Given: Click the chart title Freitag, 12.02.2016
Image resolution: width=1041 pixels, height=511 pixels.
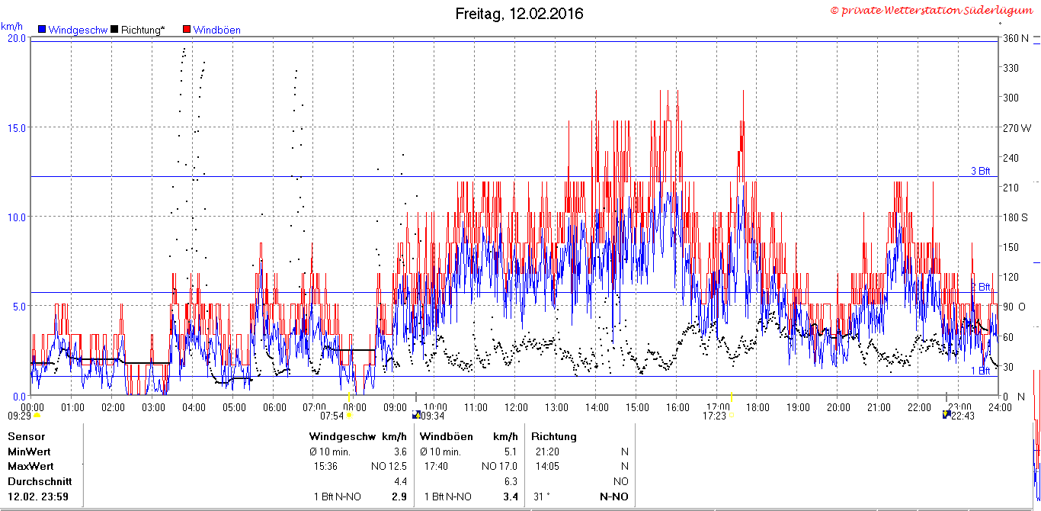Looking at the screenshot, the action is pos(519,14).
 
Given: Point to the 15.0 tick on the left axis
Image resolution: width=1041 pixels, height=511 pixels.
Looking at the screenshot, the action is pos(17,128).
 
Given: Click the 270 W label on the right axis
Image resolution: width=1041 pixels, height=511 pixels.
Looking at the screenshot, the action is pos(1017,128).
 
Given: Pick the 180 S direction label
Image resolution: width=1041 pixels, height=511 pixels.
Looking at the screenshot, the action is pos(1015,217).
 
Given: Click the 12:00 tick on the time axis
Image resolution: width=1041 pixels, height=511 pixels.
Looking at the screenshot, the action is pos(516,408).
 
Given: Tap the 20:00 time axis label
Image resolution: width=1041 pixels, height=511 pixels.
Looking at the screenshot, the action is pos(838,408).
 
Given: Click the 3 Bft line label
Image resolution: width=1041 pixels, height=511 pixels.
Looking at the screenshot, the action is pos(980,171).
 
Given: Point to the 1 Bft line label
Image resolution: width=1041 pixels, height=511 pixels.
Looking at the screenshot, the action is pos(980,371).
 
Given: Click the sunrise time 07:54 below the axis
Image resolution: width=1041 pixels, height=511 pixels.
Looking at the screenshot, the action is pos(332,416).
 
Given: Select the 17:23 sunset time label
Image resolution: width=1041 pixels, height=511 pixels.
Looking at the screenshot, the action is pos(714,416).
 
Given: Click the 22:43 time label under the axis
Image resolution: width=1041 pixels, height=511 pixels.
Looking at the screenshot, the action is pos(963,416).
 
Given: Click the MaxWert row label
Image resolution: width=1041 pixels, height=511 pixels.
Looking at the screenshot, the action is pos(30,466).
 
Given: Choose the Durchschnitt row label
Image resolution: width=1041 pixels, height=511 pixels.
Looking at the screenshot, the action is pos(40,481).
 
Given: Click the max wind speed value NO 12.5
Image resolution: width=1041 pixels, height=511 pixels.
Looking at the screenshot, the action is pos(389,466).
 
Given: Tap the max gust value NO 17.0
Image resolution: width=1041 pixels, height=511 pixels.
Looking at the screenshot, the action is pos(499,466).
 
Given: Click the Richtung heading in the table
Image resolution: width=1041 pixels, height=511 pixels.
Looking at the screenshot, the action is pos(553,436).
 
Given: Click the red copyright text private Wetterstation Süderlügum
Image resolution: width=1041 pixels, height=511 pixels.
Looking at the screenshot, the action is pos(931,10).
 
